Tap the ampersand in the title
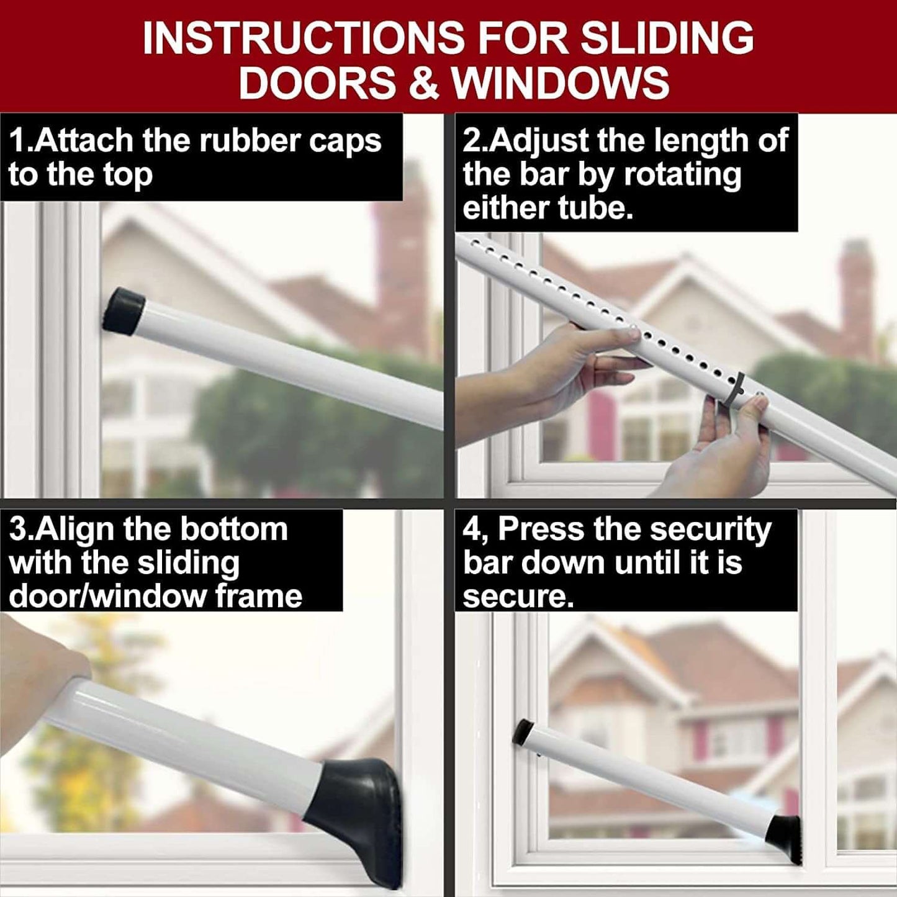click(x=424, y=83)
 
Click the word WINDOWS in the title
click(x=561, y=83)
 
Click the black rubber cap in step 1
click(x=123, y=310)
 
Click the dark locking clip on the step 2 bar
click(x=736, y=389)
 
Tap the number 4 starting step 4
click(x=471, y=530)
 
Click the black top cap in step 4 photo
click(x=523, y=731)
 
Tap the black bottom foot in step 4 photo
click(x=783, y=836)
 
